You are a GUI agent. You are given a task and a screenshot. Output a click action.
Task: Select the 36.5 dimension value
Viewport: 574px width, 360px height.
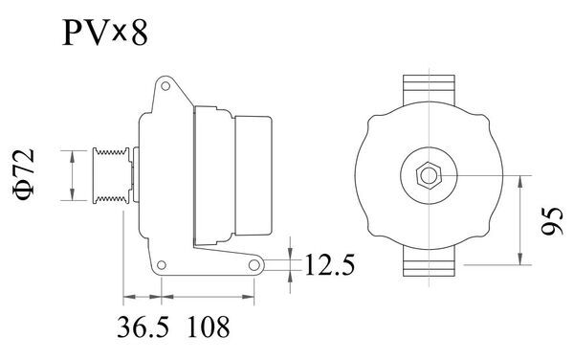point(143,328)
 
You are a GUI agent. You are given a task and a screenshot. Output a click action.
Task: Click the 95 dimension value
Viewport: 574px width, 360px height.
point(549,222)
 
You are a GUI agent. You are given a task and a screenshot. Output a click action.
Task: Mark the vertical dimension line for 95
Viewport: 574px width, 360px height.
point(521,218)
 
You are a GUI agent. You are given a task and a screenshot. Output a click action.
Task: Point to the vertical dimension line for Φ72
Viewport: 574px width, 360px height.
point(73,174)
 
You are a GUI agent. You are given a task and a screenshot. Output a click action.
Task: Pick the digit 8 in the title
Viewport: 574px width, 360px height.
point(140,34)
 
